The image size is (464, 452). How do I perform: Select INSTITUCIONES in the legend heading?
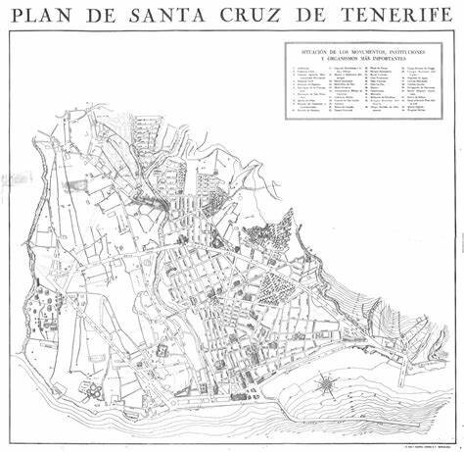pyautogui.click(x=410, y=49)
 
